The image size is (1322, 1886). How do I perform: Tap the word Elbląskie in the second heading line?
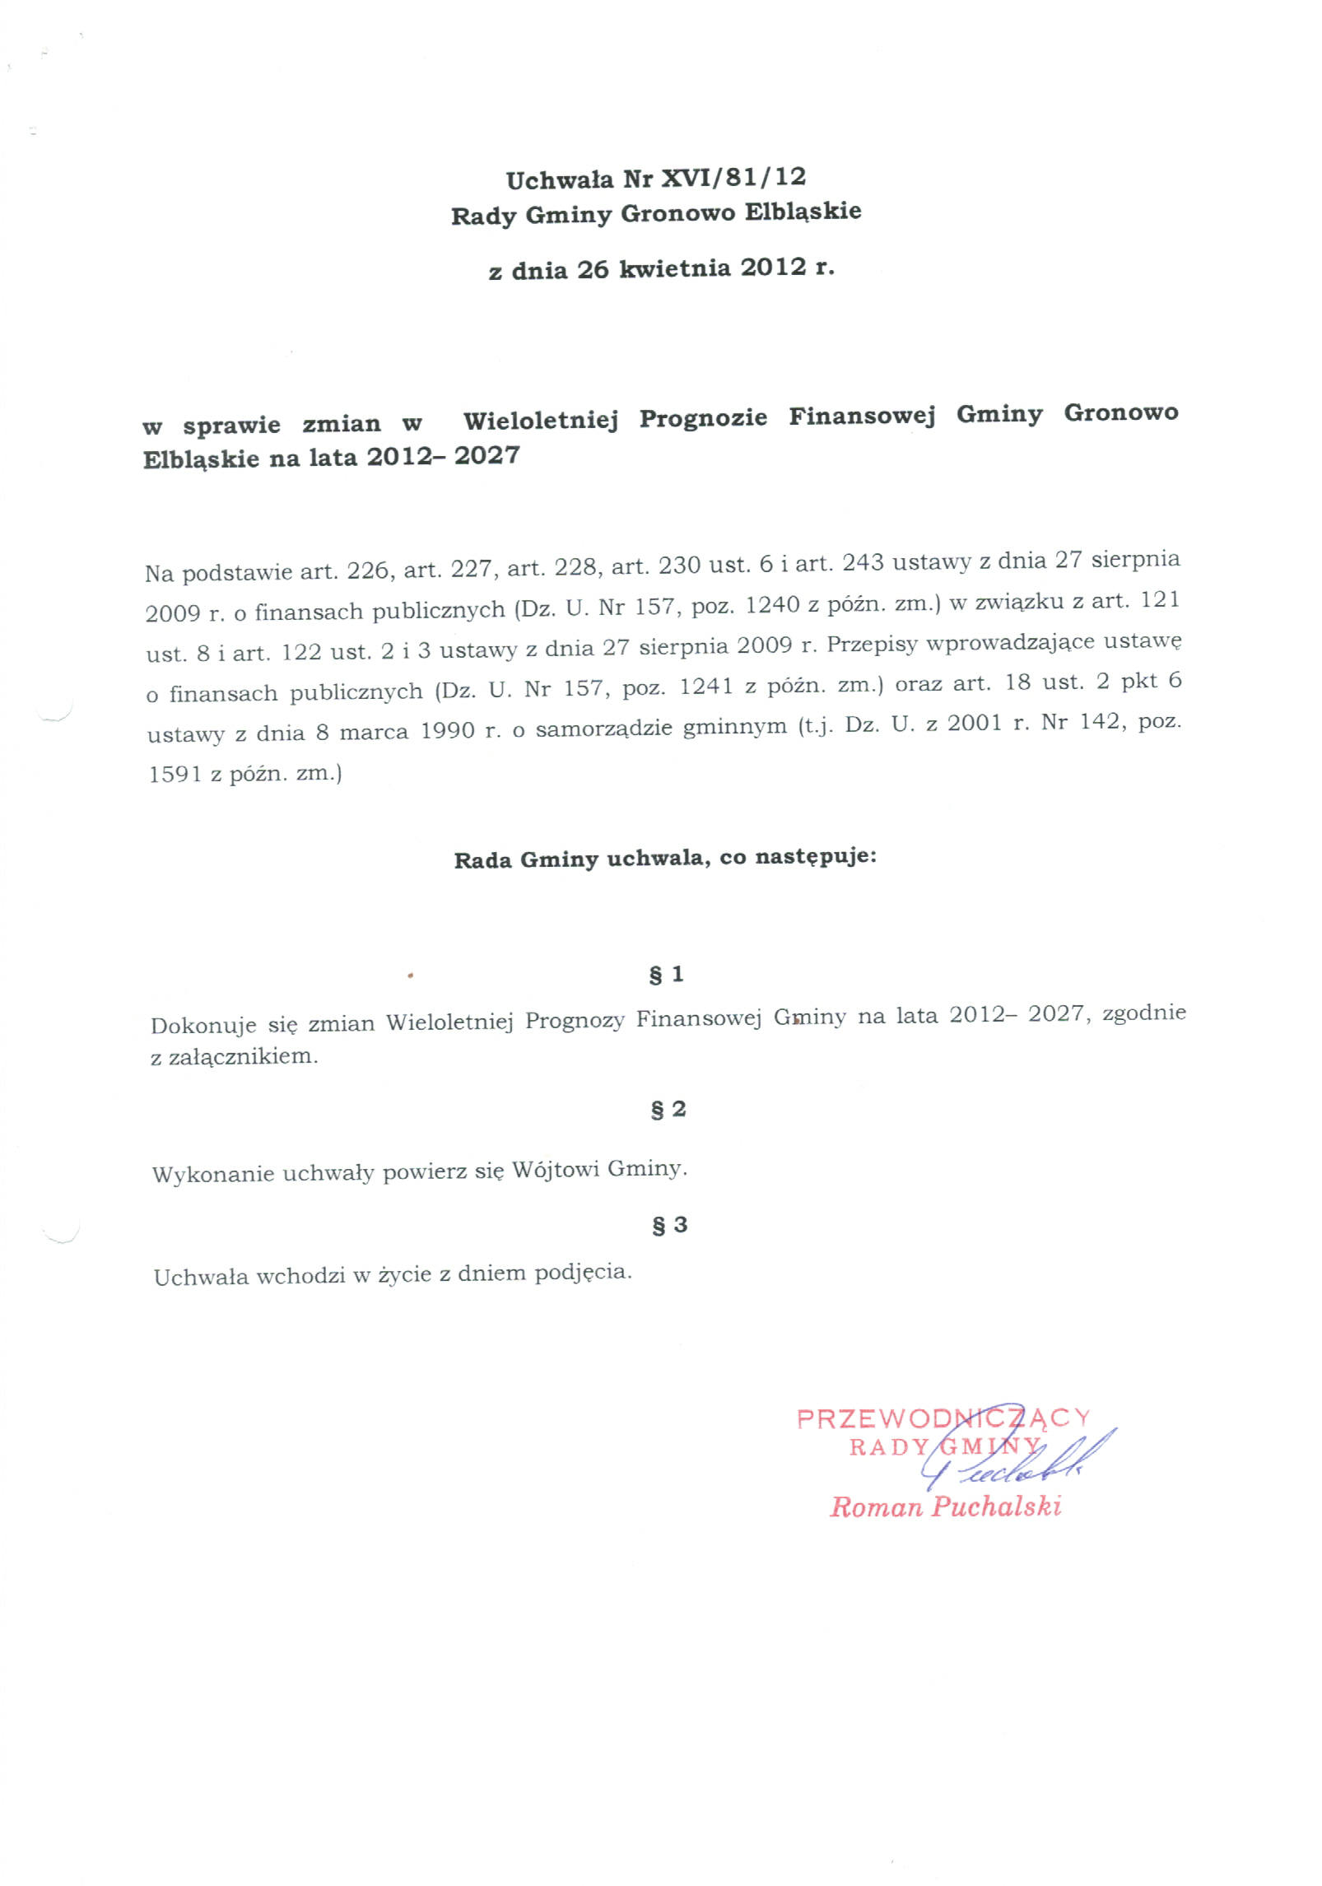click(x=803, y=212)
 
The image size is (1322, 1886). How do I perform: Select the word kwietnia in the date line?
click(x=674, y=268)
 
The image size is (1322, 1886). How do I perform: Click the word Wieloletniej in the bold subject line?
click(x=540, y=420)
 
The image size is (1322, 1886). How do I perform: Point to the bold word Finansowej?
click(x=862, y=416)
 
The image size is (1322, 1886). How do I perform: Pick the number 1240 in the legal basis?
click(x=772, y=606)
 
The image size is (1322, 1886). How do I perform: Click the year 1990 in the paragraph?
click(x=448, y=730)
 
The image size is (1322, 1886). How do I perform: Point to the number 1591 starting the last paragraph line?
click(x=175, y=774)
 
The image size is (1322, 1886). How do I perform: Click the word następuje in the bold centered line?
click(x=814, y=856)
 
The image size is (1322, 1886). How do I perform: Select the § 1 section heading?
click(x=666, y=975)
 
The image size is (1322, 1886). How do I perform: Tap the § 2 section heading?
click(x=668, y=1110)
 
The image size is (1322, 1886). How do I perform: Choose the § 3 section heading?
click(x=669, y=1225)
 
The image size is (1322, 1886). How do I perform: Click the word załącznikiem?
click(x=243, y=1056)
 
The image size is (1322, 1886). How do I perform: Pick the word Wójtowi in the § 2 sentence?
click(x=555, y=1170)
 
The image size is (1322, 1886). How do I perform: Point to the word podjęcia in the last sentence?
click(x=583, y=1273)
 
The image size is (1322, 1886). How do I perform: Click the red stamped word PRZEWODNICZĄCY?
click(x=943, y=1418)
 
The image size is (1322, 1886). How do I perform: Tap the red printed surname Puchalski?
click(x=996, y=1506)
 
